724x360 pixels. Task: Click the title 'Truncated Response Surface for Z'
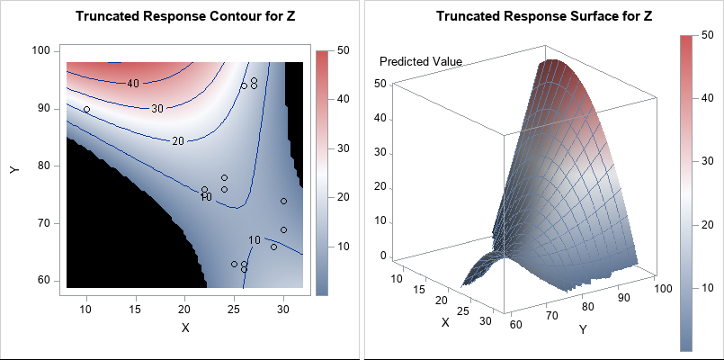coord(543,17)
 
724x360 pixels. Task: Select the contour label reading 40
coord(132,84)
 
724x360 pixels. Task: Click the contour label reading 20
coord(177,141)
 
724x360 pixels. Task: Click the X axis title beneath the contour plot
coord(185,328)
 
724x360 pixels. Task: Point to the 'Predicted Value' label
coord(421,62)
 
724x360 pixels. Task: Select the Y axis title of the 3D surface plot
coord(583,329)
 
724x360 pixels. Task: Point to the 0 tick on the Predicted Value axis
coord(383,255)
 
